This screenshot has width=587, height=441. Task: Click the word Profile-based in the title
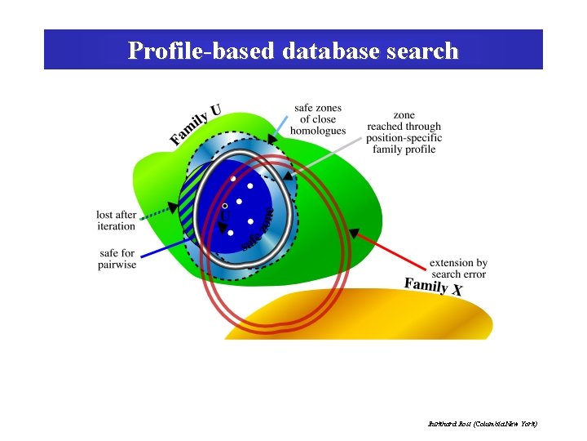[x=201, y=51]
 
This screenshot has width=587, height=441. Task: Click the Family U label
[x=195, y=123]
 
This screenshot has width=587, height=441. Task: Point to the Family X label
[x=433, y=286]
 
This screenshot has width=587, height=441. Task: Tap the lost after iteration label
[x=116, y=220]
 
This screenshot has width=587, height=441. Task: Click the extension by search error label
[x=458, y=269]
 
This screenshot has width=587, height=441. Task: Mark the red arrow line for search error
[x=391, y=250]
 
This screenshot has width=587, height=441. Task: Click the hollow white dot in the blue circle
[x=225, y=207]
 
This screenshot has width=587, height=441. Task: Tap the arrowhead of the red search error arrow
[x=353, y=233]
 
